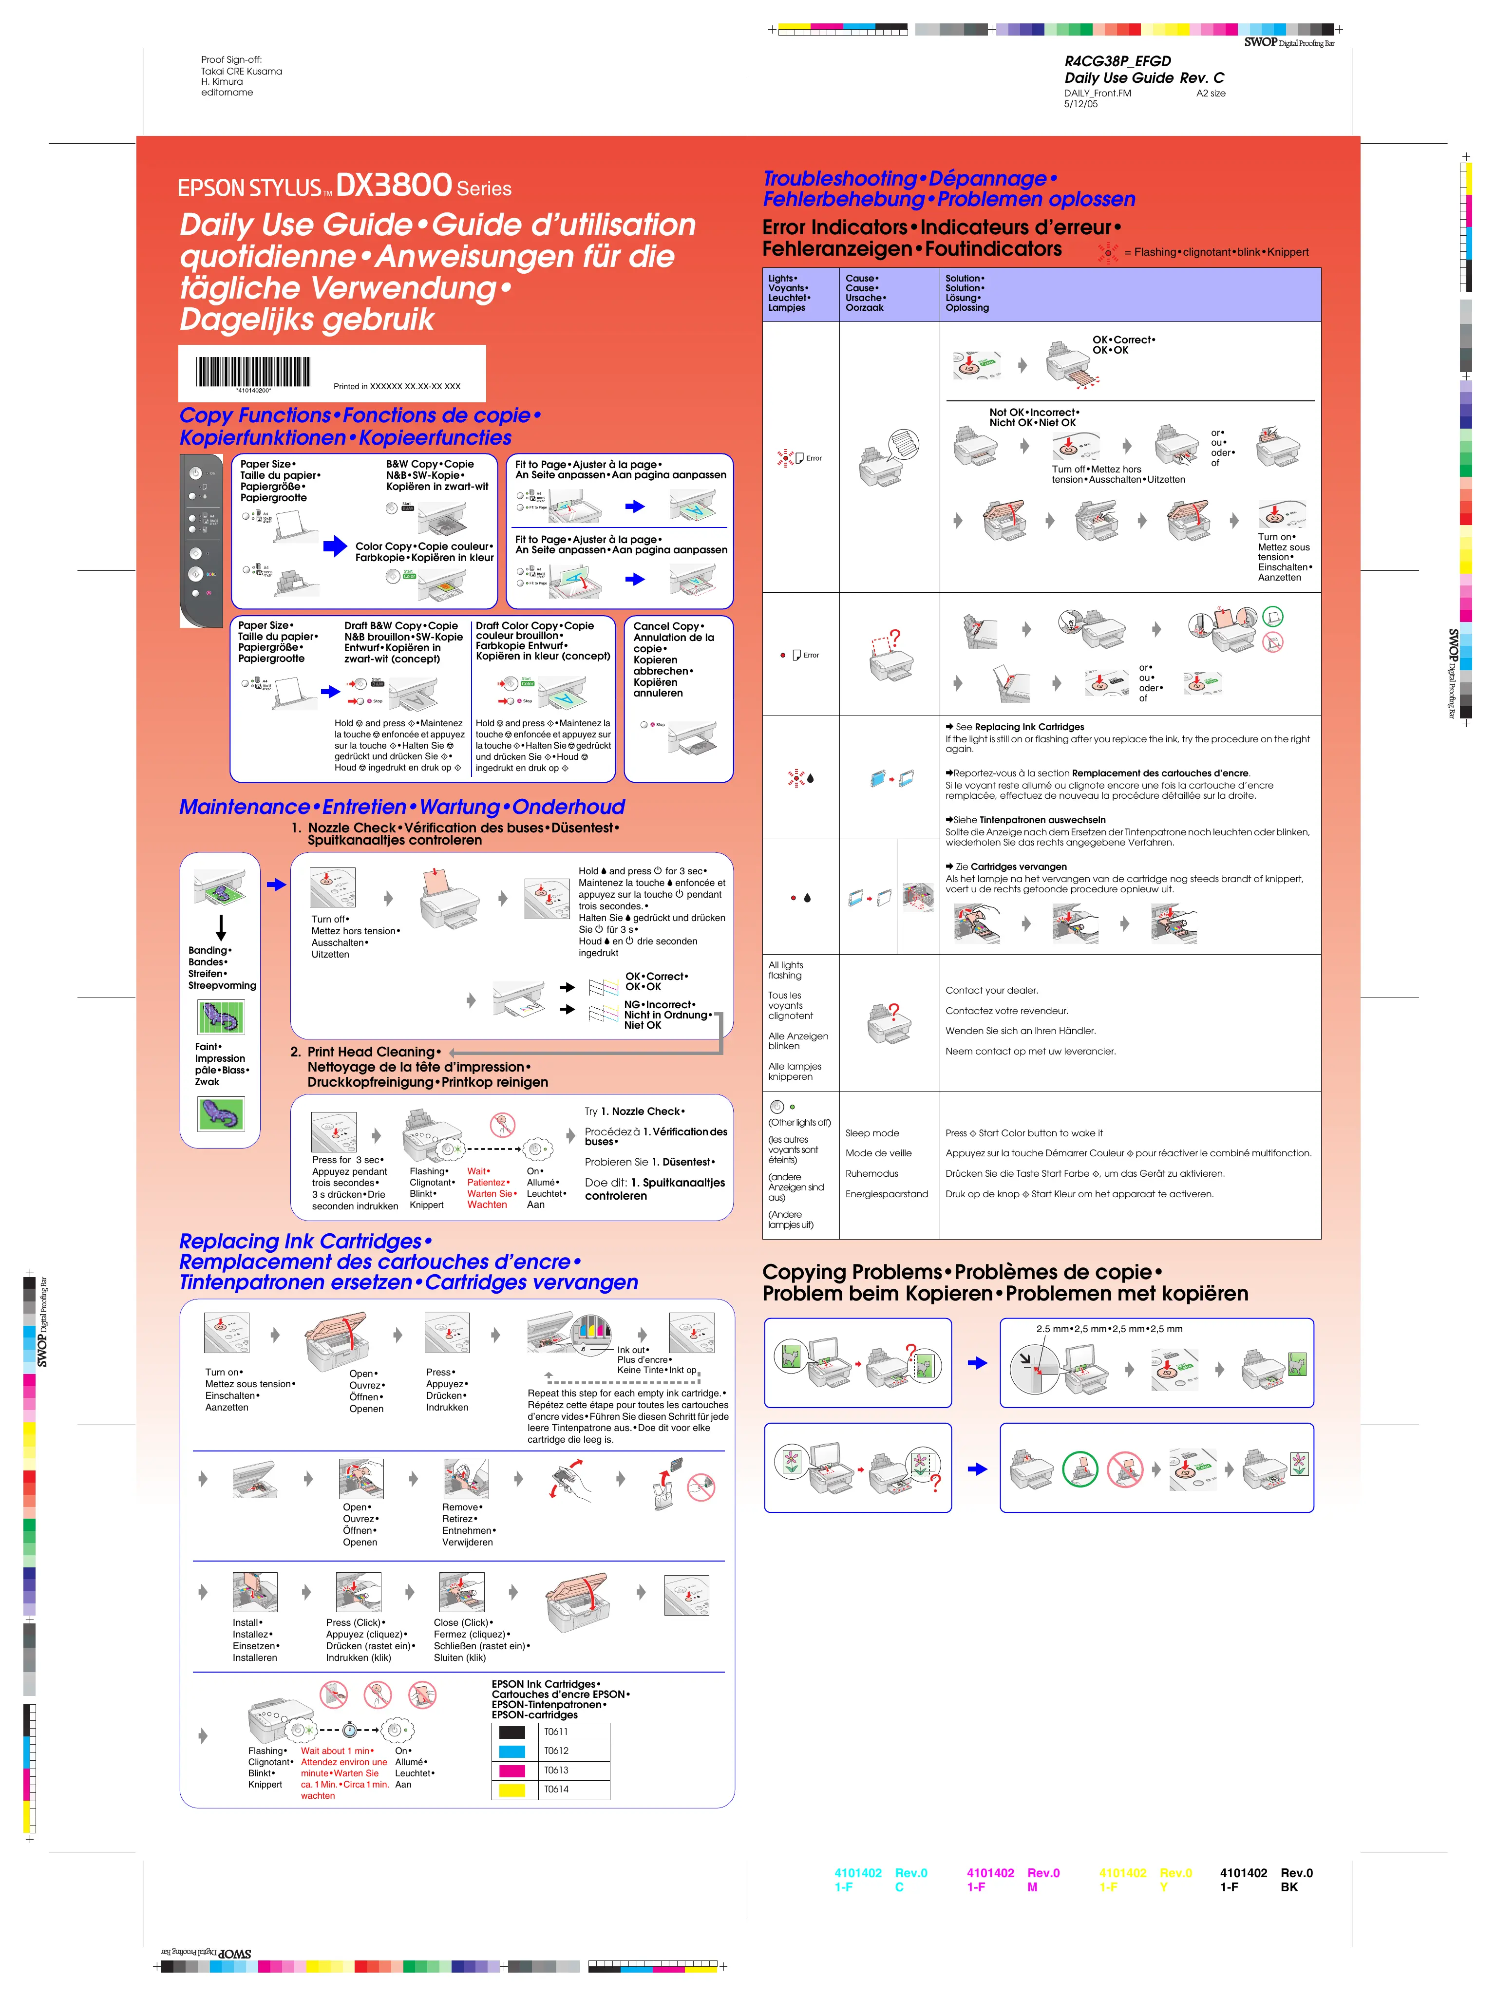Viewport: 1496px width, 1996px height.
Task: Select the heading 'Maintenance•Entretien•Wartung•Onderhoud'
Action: [401, 807]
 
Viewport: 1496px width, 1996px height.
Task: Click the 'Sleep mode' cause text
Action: [871, 1133]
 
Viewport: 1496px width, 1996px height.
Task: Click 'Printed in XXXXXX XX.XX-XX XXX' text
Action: [397, 386]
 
